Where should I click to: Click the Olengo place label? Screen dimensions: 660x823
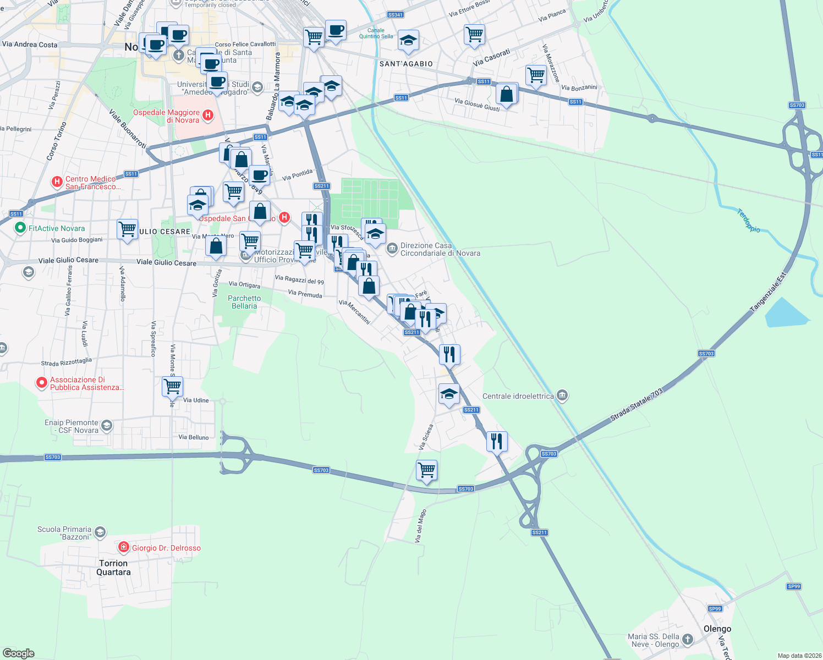coord(717,629)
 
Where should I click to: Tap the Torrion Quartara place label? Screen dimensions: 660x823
coord(113,568)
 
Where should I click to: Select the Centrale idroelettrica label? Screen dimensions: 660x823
coord(518,396)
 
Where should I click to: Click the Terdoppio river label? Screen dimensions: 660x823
coord(749,220)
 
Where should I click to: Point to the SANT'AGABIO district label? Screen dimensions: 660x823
coord(406,64)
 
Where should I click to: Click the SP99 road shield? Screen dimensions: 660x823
coord(715,608)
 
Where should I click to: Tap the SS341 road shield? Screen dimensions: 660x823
coord(395,15)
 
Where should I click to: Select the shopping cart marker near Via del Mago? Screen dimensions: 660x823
coord(426,471)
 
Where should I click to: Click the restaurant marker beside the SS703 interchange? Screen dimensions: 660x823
coord(497,441)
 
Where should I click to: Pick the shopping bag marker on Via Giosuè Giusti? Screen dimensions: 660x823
coord(507,94)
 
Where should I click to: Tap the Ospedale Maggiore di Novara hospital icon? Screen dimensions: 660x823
coord(208,115)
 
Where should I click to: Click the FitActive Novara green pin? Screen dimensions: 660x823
coord(20,227)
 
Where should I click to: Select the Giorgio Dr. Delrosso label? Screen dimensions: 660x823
coord(166,548)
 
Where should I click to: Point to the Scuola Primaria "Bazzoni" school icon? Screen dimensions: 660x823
coord(100,532)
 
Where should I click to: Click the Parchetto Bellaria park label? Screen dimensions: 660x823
coord(244,302)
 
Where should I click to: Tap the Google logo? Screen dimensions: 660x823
coord(19,653)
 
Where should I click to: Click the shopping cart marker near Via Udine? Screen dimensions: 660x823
coord(173,386)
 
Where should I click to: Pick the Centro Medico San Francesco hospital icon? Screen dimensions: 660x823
coord(57,182)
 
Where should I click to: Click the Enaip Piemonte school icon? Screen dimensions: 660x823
coord(107,425)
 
